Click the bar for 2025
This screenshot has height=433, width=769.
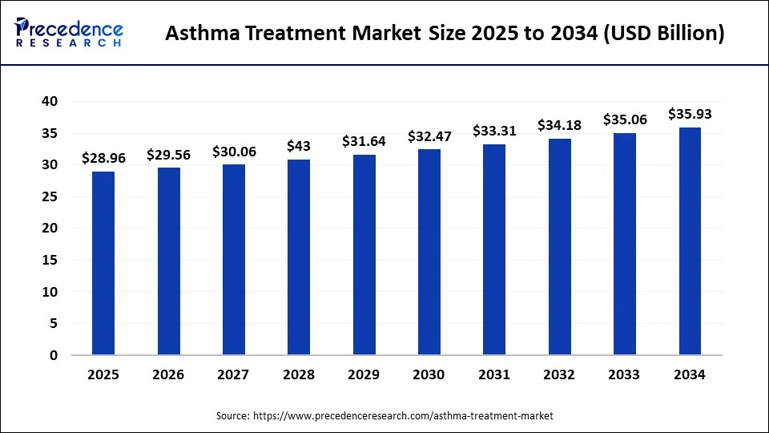tap(103, 263)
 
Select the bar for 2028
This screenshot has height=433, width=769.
tap(299, 257)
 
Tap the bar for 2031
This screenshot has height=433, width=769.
tap(494, 249)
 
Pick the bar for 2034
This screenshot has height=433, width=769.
tap(690, 241)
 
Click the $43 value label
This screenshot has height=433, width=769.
tap(299, 146)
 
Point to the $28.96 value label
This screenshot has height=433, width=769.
tap(103, 158)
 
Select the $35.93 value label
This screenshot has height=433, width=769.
tap(690, 114)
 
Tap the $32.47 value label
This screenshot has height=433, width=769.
tap(429, 136)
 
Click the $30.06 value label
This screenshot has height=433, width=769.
tap(234, 151)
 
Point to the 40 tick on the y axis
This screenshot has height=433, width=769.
tap(50, 102)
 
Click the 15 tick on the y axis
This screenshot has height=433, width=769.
tap(50, 260)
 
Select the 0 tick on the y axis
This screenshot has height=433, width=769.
tap(54, 355)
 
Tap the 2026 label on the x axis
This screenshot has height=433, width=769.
tap(168, 374)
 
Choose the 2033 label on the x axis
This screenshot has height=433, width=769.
tap(625, 374)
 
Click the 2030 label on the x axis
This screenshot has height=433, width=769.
tap(429, 374)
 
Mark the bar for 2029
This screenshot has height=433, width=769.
tap(364, 255)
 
